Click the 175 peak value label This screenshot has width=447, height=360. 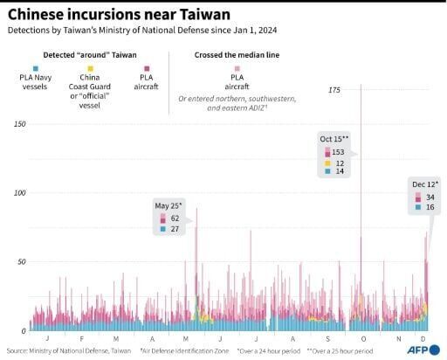[334, 90]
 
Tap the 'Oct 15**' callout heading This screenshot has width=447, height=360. [334, 139]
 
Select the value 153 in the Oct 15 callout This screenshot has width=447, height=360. [339, 152]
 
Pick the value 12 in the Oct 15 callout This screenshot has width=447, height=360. [339, 163]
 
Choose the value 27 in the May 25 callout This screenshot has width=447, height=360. [175, 230]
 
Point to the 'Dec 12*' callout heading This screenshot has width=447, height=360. [424, 185]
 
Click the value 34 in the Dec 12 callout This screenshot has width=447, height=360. [430, 197]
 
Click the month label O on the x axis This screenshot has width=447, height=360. [361, 339]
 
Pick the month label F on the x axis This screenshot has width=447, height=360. [80, 339]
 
